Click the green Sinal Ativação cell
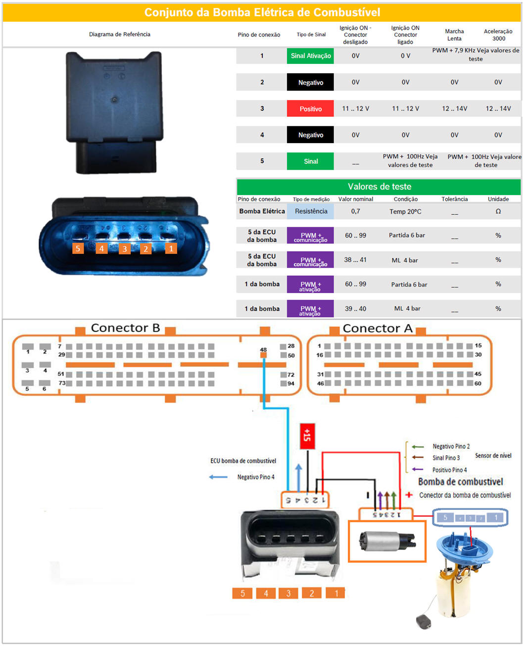(x=310, y=56)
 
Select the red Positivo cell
(x=310, y=109)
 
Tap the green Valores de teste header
(x=379, y=187)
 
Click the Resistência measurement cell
(x=311, y=211)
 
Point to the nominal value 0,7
(x=355, y=211)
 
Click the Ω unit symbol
(x=498, y=211)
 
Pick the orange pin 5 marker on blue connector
(x=78, y=249)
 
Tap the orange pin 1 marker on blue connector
(x=171, y=249)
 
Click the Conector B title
(x=125, y=328)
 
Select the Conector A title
(x=377, y=329)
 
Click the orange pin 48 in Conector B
(x=263, y=355)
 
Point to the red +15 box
(x=307, y=436)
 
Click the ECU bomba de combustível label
(x=243, y=461)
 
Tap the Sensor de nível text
(x=493, y=455)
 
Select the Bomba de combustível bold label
(x=460, y=482)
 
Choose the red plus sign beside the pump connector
(x=409, y=495)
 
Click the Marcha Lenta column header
(x=454, y=35)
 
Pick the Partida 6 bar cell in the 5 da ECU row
(x=406, y=236)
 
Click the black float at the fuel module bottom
(x=424, y=621)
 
